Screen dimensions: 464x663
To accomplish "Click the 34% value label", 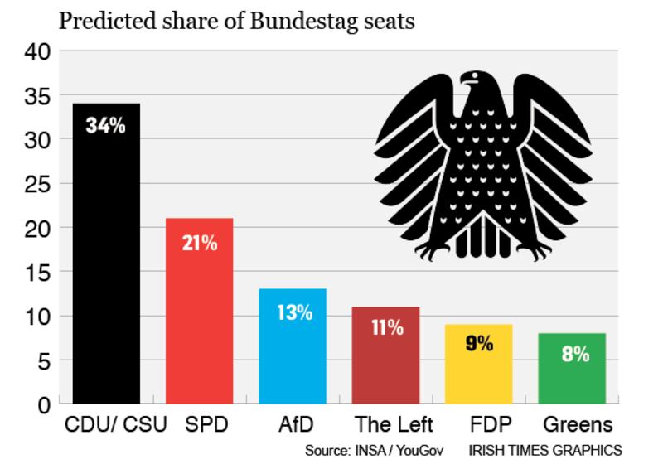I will click(105, 128).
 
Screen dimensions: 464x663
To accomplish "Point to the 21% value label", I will click(200, 244).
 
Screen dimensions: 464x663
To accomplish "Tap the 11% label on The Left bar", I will click(385, 326).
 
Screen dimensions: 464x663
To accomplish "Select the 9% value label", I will click(478, 343).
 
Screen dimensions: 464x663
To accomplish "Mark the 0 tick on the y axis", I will click(45, 405).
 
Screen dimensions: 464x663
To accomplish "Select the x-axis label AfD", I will click(296, 426).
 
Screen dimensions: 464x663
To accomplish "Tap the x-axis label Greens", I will click(578, 426).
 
